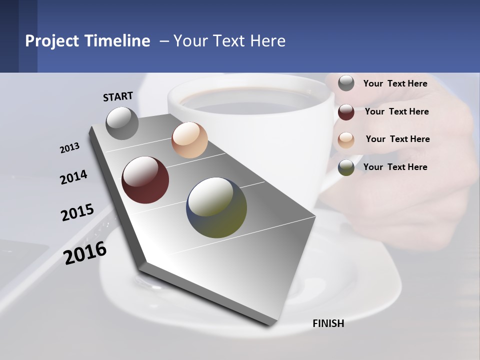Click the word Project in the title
coord(52,41)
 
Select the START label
coord(118,96)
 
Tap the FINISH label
coord(328,323)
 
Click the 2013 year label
coord(70,148)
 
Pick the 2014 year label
coord(74,177)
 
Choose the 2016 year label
coord(85,252)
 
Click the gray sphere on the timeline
coord(122,123)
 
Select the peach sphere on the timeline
coord(189,140)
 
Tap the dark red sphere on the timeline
coord(145,180)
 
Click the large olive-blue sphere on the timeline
coord(216,207)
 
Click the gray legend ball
coord(346,83)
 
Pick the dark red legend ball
coord(346,111)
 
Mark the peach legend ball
coord(346,139)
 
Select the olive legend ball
coord(346,167)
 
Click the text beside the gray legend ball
coord(395,83)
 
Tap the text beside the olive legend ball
coord(395,167)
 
